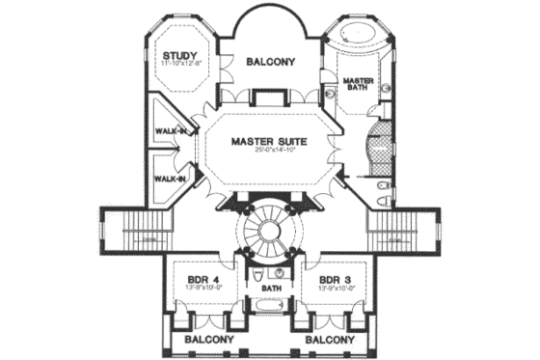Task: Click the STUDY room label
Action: [x=180, y=54]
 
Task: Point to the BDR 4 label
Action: [x=204, y=279]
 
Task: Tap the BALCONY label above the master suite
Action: [x=269, y=61]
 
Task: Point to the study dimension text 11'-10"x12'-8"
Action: [x=180, y=64]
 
